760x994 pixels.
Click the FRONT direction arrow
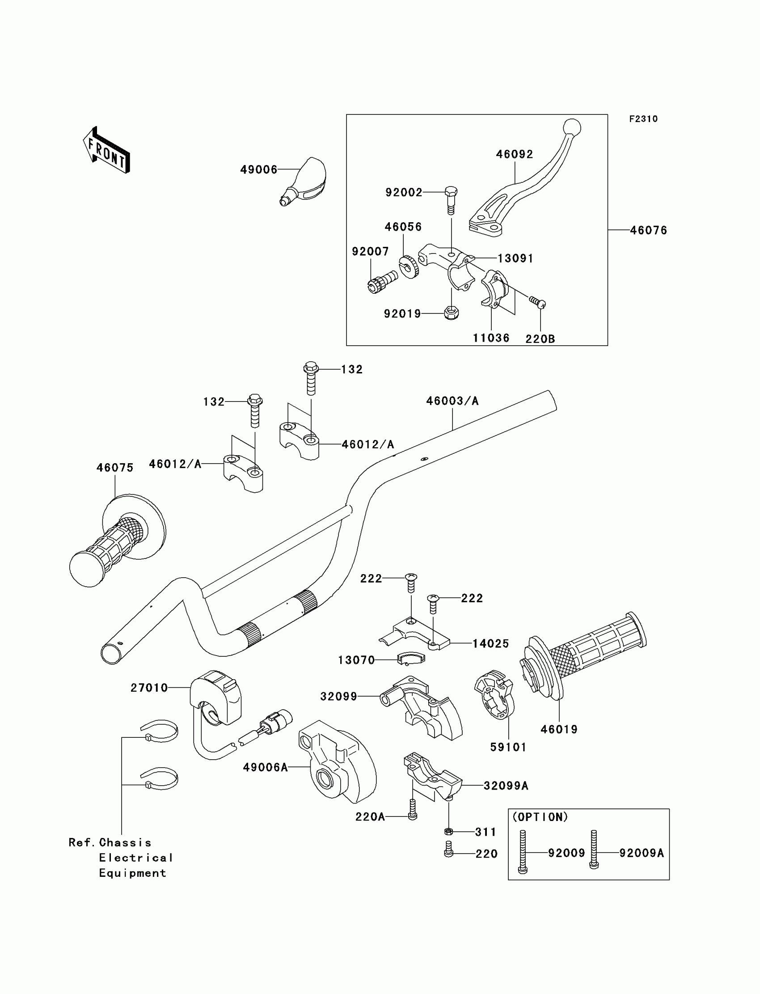107,150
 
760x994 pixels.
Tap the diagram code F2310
643,119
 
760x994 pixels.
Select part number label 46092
515,154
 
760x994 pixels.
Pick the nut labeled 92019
452,312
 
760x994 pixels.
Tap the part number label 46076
648,230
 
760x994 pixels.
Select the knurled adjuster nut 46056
409,267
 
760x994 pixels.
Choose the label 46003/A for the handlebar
452,401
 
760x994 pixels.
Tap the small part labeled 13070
411,659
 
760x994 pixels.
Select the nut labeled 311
448,831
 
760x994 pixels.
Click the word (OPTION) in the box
540,816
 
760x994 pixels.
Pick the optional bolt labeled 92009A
594,850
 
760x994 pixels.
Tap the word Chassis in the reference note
125,842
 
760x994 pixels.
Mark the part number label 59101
508,748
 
